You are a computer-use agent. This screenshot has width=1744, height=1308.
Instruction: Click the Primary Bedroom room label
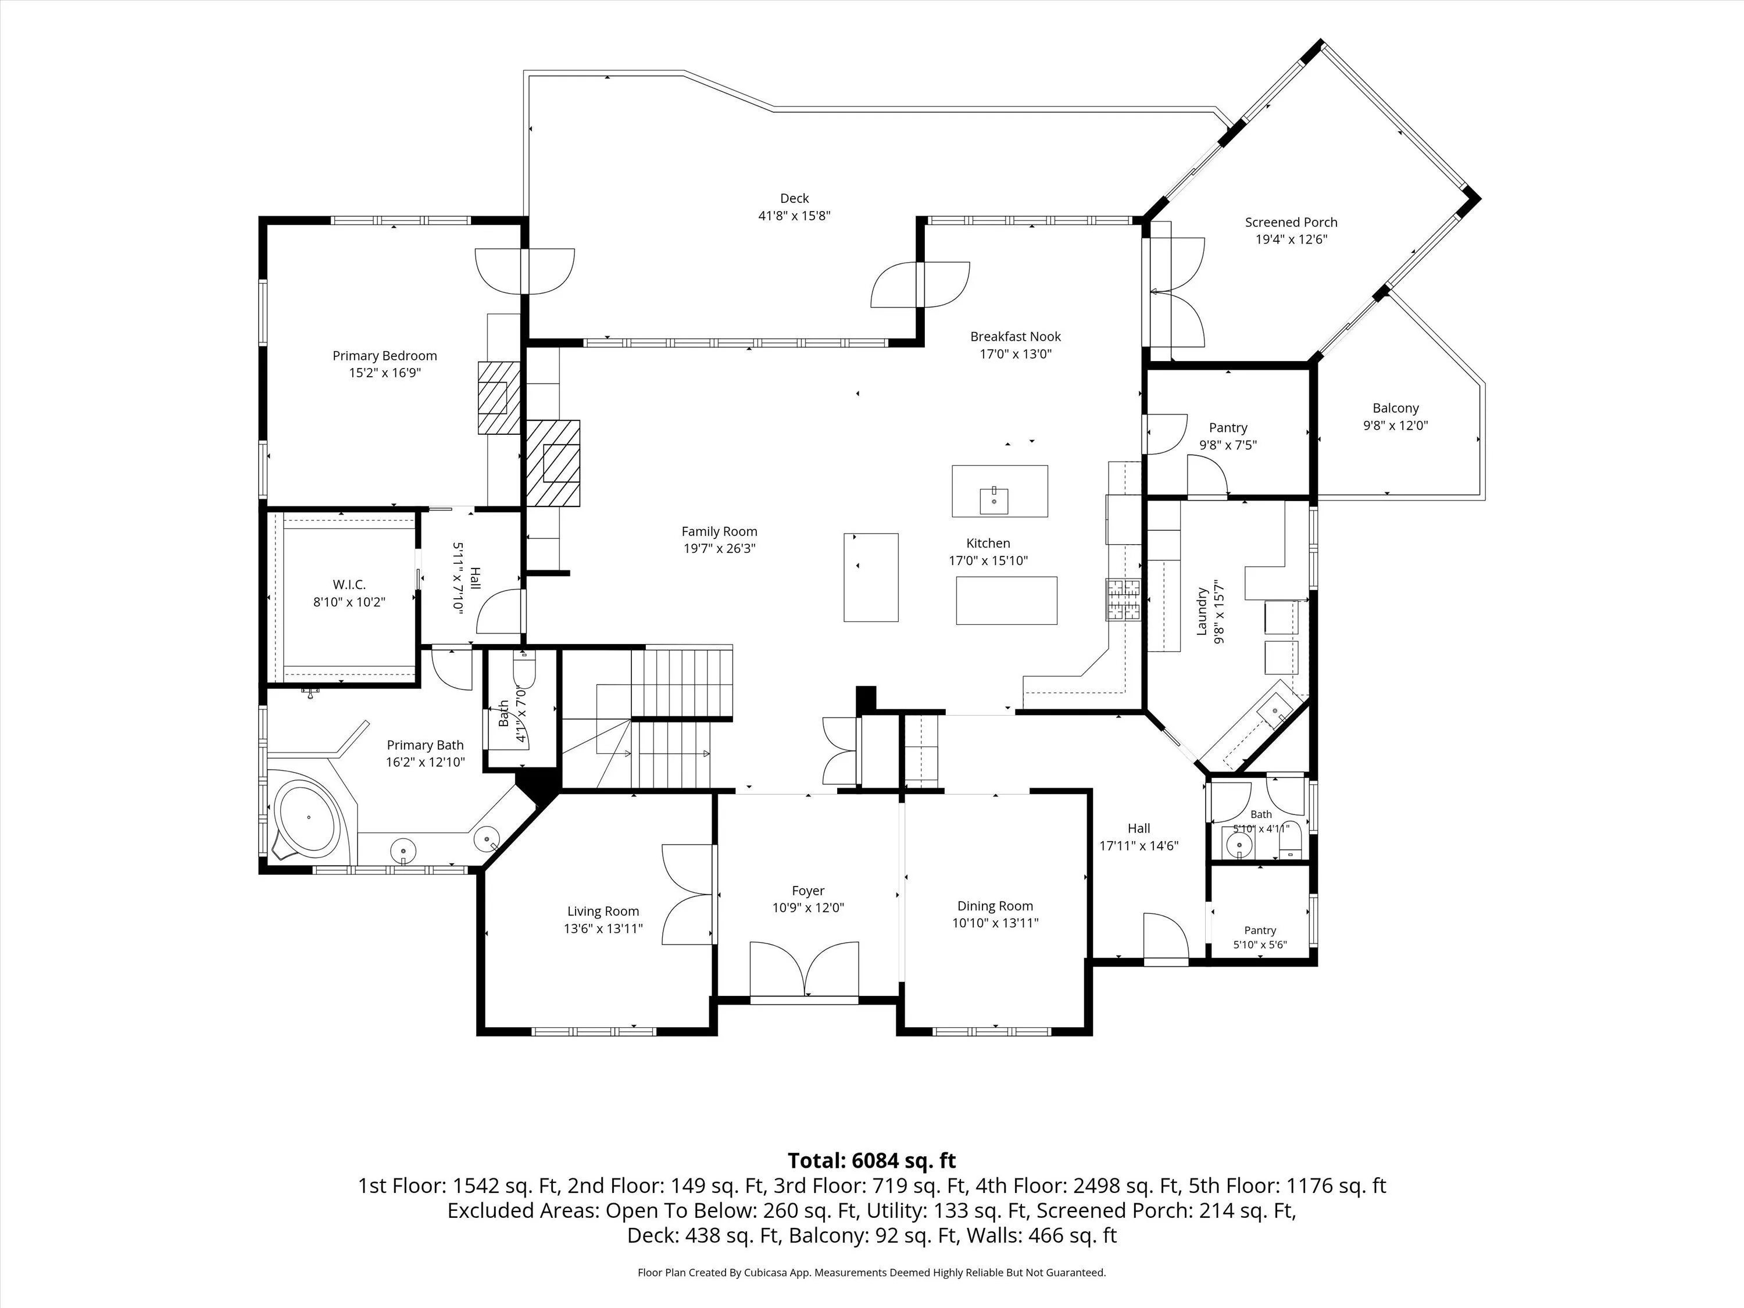click(x=385, y=356)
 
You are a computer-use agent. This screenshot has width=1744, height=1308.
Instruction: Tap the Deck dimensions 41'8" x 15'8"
click(x=795, y=215)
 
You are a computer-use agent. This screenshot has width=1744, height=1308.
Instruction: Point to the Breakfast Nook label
click(x=1016, y=337)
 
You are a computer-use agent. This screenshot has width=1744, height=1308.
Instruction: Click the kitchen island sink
click(x=994, y=501)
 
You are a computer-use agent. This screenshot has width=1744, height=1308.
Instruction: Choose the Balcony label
click(x=1396, y=409)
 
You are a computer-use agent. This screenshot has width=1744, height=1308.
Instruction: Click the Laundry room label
click(x=1202, y=611)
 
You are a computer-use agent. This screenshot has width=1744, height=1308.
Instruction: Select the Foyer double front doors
click(x=804, y=970)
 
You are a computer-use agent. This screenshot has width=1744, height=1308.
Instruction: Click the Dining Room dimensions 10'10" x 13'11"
click(x=995, y=923)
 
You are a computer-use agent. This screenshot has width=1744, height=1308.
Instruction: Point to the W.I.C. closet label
click(x=349, y=584)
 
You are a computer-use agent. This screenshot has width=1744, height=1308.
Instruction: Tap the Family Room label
click(x=719, y=531)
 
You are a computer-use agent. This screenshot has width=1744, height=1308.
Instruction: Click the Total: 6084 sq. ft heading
click(x=872, y=1160)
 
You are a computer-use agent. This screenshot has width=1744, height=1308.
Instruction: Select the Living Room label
click(x=603, y=912)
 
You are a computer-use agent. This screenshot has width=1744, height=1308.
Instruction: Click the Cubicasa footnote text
click(x=872, y=1273)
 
